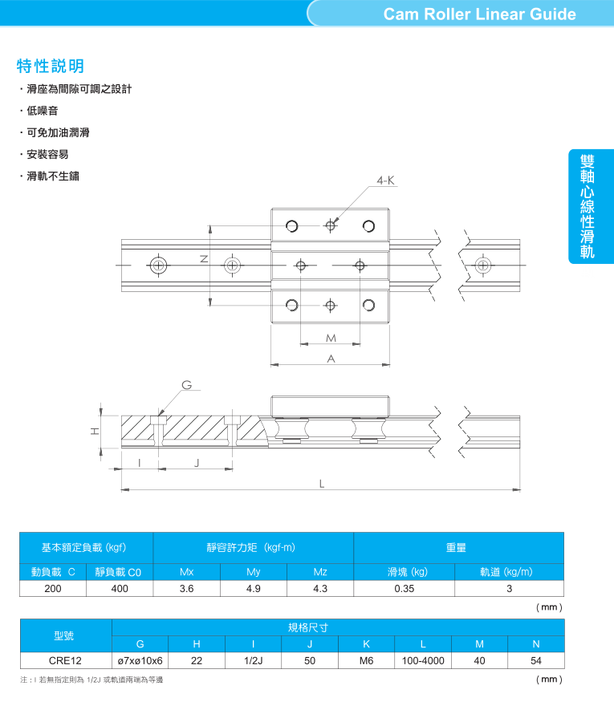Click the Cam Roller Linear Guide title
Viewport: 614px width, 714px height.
pos(480,14)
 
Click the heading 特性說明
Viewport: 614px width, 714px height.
pos(51,66)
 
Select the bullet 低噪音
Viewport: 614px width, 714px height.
pos(43,111)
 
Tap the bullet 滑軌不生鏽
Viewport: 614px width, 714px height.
pos(53,176)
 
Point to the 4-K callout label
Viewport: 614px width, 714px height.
pos(386,181)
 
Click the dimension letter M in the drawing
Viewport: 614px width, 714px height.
pos(331,339)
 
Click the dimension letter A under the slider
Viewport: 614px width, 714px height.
pos(331,359)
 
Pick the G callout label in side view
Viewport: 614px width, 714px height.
pos(187,385)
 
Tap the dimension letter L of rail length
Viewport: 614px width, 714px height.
pos(322,484)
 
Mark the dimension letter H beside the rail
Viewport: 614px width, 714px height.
pos(95,432)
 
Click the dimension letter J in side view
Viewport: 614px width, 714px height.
pos(197,463)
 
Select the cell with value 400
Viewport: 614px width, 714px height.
pos(120,589)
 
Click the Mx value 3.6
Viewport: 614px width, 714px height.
pos(187,589)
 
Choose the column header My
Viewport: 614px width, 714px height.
pos(254,572)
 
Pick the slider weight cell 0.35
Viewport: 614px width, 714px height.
pos(405,589)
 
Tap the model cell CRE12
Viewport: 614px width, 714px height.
pos(65,661)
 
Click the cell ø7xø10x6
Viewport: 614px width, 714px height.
pos(140,661)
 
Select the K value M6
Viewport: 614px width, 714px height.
pos(366,661)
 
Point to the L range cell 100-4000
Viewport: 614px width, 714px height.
pos(423,661)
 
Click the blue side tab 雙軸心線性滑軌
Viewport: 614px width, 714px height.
pos(591,206)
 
